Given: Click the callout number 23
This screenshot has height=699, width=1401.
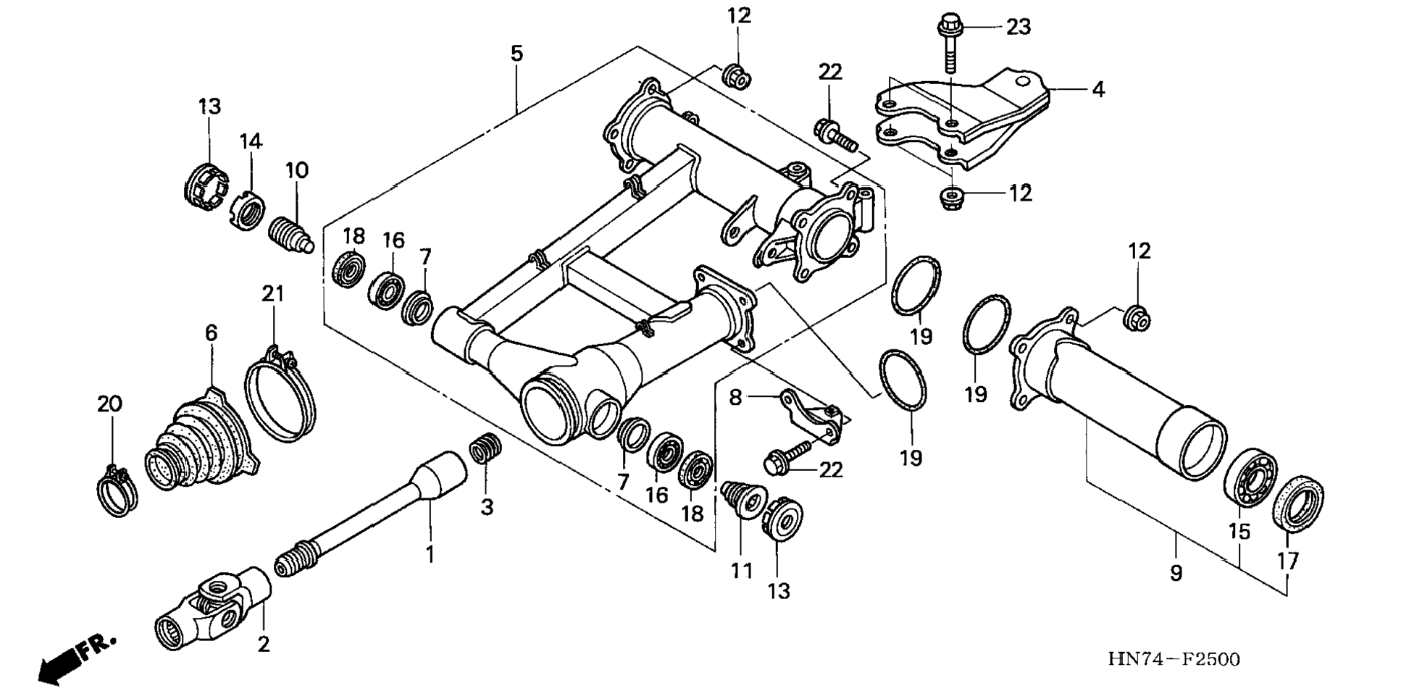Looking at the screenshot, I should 1018,27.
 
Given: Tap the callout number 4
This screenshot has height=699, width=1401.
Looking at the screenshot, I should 1098,90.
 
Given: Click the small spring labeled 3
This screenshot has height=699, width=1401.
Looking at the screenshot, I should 485,447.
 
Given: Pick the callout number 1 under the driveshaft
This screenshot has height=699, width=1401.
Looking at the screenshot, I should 430,555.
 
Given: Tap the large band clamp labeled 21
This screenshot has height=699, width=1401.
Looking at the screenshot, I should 280,395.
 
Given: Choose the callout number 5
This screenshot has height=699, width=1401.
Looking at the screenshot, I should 516,54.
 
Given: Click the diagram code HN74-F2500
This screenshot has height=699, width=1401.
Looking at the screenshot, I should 1174,659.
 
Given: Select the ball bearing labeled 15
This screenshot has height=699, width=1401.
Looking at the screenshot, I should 1250,479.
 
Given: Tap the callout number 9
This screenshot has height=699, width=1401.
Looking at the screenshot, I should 1176,573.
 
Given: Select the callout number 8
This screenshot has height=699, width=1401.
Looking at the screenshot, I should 735,398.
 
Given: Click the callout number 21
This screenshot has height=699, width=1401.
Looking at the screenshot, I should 272,293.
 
